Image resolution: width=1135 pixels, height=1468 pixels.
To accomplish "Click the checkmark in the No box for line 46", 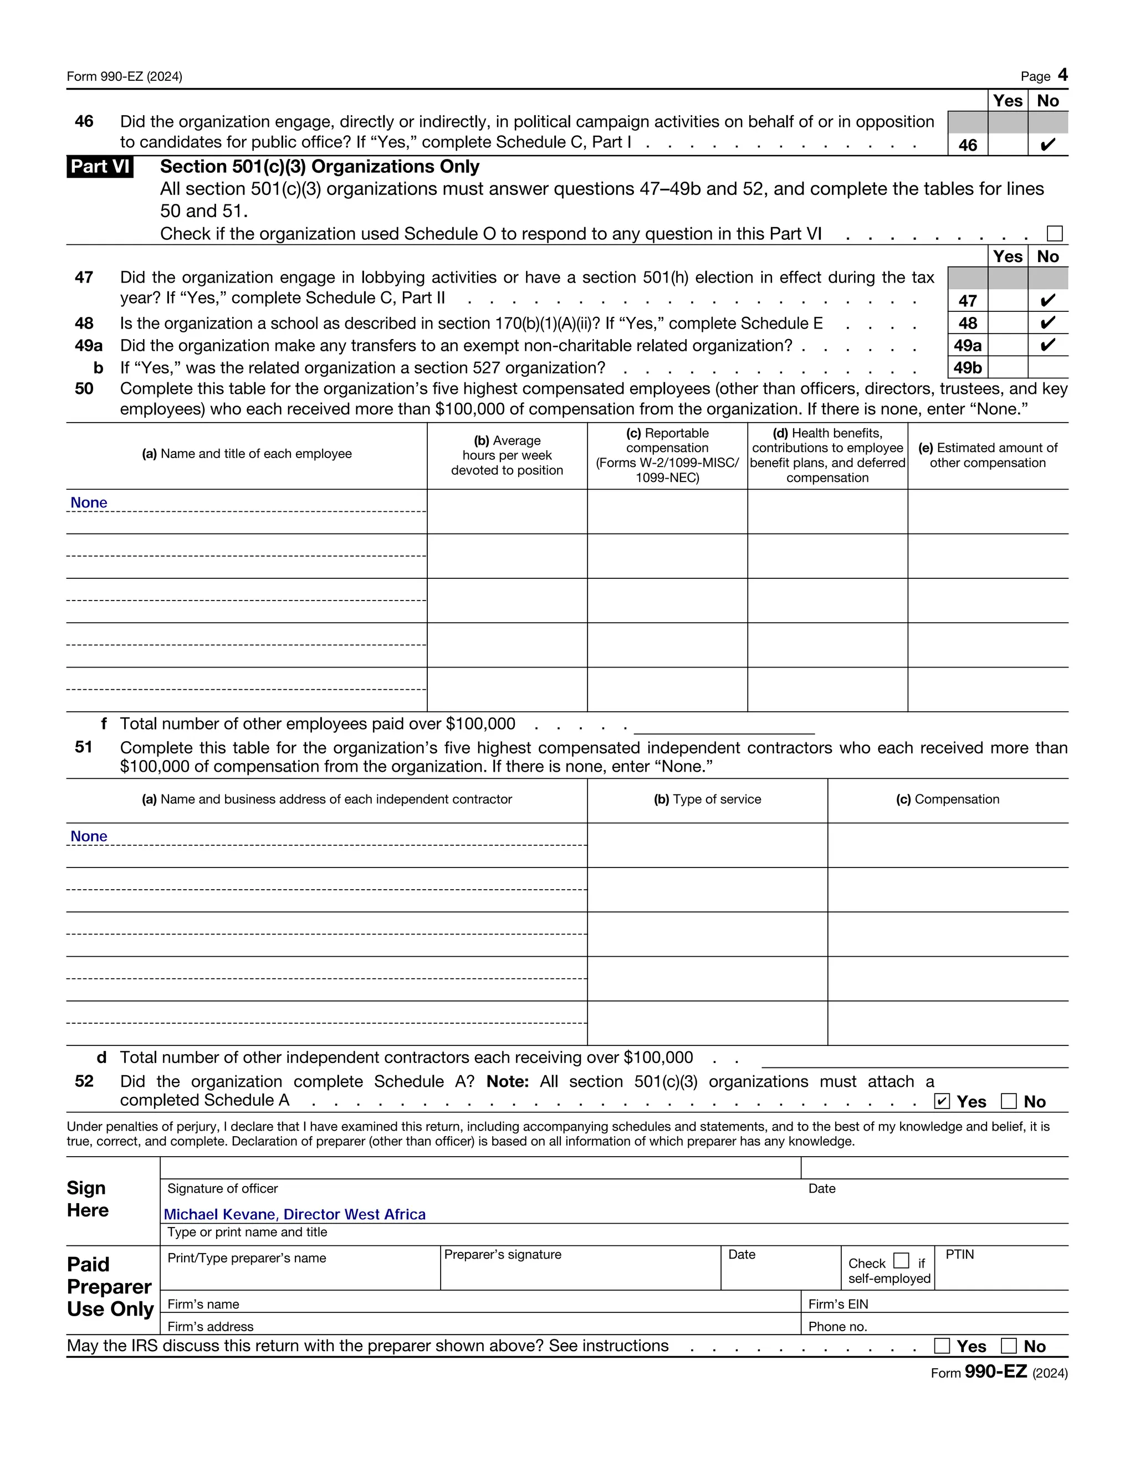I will coord(1047,145).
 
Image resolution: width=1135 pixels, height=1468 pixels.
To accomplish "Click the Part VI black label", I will coord(100,166).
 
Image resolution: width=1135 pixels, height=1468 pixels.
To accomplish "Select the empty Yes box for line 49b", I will coord(1007,368).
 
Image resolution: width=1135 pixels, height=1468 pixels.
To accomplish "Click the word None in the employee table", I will coord(89,503).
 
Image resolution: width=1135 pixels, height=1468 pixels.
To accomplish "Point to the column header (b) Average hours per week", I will coord(507,455).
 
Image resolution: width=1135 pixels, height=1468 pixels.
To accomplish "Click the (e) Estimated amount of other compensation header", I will coord(987,455).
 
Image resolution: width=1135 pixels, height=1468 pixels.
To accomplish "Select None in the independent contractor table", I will coord(89,836).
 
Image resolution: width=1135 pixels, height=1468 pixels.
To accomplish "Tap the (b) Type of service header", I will coord(707,799).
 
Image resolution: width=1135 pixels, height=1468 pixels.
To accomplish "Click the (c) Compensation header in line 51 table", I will coord(947,799).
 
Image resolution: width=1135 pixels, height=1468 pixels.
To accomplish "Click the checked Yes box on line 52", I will coord(942,1101).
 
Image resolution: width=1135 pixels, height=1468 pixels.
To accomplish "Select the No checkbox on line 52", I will coord(1008,1101).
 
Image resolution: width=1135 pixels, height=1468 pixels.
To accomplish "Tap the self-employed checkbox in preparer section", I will coord(901,1260).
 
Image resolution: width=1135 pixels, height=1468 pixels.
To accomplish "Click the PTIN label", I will coord(959,1254).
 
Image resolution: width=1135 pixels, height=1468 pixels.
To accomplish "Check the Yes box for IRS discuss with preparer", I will coord(942,1346).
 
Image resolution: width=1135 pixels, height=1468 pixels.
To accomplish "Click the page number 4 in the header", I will coord(1062,75).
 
